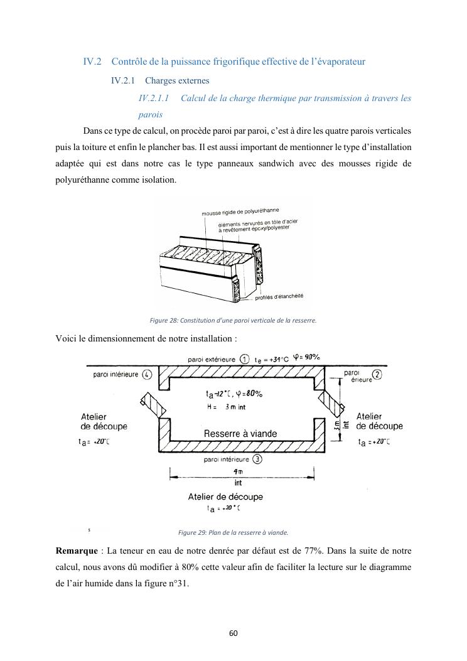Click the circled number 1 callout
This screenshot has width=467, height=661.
tap(245, 359)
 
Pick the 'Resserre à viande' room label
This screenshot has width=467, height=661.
tap(240, 434)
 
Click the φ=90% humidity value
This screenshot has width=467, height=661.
tap(307, 358)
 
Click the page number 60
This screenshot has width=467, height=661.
tap(233, 632)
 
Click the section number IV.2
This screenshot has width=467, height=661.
tap(92, 62)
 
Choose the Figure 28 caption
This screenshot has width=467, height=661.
tap(233, 321)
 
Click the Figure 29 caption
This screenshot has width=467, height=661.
tap(233, 532)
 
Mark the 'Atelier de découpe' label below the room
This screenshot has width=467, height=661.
tap(225, 497)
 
